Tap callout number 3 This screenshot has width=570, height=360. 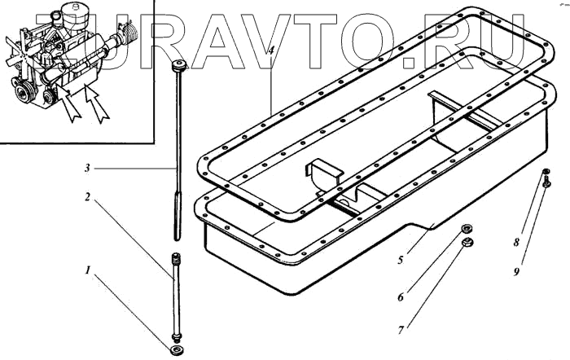88,169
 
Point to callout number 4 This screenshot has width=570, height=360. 270,53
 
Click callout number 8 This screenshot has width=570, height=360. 515,243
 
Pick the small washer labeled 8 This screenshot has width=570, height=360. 546,171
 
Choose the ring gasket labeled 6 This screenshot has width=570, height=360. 467,229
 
